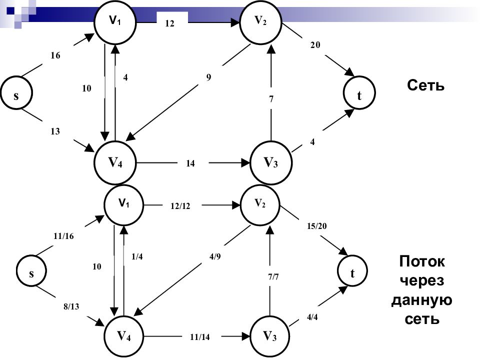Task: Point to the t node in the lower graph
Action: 352,273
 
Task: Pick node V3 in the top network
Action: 270,163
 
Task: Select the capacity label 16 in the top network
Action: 55,56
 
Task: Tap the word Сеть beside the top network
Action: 425,85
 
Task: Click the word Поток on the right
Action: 422,261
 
